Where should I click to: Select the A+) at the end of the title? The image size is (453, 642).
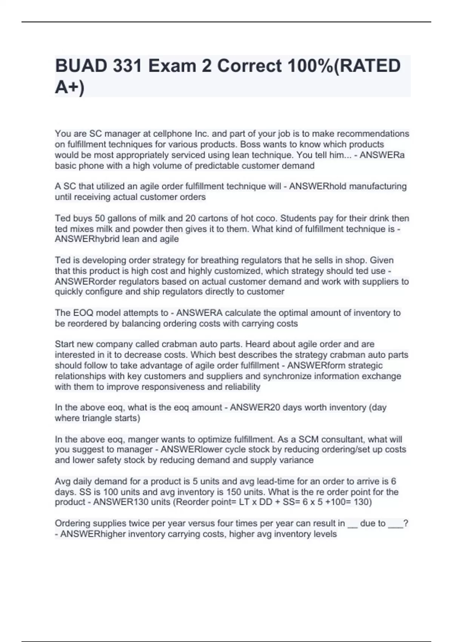70,88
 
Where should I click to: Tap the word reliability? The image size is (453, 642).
242,387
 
